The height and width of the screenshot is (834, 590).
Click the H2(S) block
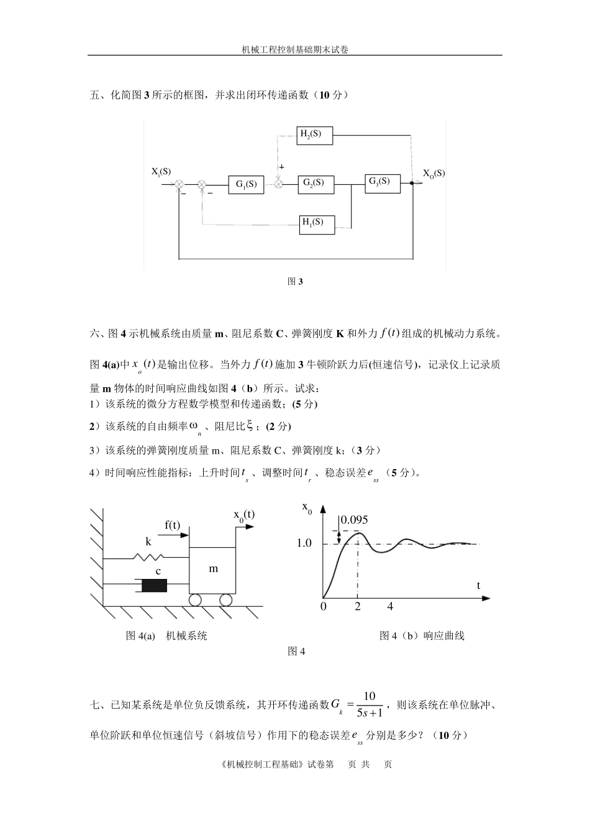click(x=315, y=135)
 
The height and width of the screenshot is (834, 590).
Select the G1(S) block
click(x=246, y=184)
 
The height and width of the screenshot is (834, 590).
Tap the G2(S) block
click(x=315, y=184)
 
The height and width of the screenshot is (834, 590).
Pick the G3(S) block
click(x=383, y=183)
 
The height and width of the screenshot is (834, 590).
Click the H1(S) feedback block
click(x=317, y=224)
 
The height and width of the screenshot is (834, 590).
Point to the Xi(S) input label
click(x=161, y=172)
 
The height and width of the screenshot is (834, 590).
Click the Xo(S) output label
click(x=433, y=174)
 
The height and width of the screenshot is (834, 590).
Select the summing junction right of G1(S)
click(x=279, y=184)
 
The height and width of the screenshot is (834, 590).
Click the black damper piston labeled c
click(x=155, y=585)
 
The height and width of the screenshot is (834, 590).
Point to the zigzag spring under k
click(x=150, y=557)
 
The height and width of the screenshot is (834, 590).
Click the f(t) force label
click(x=172, y=526)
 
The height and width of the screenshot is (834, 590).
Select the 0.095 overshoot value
click(x=355, y=520)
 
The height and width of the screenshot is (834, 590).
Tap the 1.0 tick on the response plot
click(x=304, y=544)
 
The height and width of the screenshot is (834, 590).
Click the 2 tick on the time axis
click(x=358, y=607)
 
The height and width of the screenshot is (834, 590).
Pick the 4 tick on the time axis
click(x=390, y=607)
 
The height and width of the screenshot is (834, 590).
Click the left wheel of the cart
click(x=196, y=600)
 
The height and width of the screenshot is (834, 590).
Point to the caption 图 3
click(x=295, y=282)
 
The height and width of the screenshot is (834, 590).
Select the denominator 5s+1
click(x=370, y=712)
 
